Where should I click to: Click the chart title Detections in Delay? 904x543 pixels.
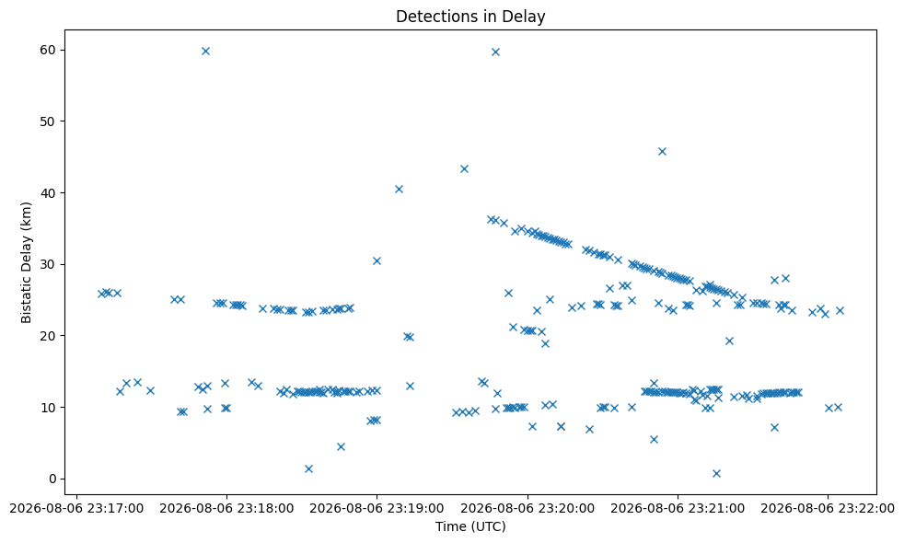470,17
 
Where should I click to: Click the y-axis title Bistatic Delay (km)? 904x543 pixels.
26,262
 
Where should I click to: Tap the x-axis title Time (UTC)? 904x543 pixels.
470,526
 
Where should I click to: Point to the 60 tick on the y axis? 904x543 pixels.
49,50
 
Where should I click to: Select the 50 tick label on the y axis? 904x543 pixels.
49,121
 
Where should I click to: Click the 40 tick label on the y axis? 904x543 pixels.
49,193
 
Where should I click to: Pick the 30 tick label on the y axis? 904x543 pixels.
49,264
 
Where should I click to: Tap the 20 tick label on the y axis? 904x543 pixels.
49,336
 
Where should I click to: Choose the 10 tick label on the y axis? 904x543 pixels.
49,408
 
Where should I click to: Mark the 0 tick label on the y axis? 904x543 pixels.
52,479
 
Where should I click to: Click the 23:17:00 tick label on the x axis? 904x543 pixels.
76,509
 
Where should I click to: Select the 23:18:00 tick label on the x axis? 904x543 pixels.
226,509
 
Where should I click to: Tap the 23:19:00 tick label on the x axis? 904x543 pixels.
377,509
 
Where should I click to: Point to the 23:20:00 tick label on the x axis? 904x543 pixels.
527,509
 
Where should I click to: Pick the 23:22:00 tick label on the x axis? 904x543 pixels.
828,509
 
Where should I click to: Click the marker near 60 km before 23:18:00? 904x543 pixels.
205,51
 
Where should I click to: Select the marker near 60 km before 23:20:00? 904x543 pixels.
495,52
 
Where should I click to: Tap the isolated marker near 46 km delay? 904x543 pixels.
662,151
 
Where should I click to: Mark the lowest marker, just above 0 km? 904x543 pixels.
716,473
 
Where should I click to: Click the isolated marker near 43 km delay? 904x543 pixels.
464,169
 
